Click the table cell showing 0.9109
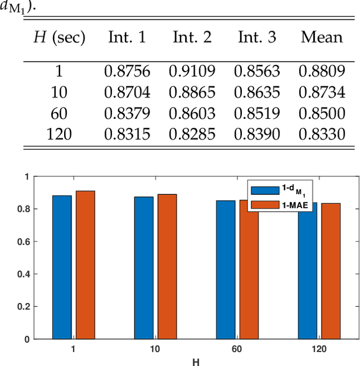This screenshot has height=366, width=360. click(x=192, y=71)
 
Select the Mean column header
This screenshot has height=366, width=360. click(x=321, y=38)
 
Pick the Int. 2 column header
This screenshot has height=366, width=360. click(x=192, y=38)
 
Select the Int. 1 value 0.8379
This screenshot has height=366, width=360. click(x=127, y=114)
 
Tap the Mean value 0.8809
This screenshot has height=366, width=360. click(x=321, y=71)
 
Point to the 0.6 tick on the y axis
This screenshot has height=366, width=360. click(x=29, y=242)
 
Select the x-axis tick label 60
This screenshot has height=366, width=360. click(x=237, y=349)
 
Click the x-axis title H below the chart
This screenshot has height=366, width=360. click(x=195, y=361)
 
